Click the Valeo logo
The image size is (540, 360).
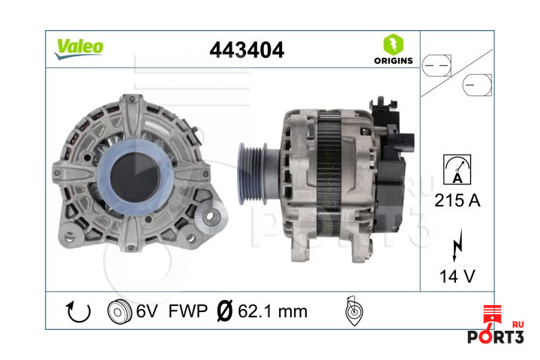click(78, 47)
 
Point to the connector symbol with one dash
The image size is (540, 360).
click(477, 84)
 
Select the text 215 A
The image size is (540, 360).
click(457, 201)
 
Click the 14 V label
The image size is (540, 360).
click(457, 277)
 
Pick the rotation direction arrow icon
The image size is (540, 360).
click(79, 310)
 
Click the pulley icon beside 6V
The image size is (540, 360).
click(120, 310)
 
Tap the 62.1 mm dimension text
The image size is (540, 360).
click(271, 310)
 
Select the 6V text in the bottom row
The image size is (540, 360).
click(147, 310)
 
